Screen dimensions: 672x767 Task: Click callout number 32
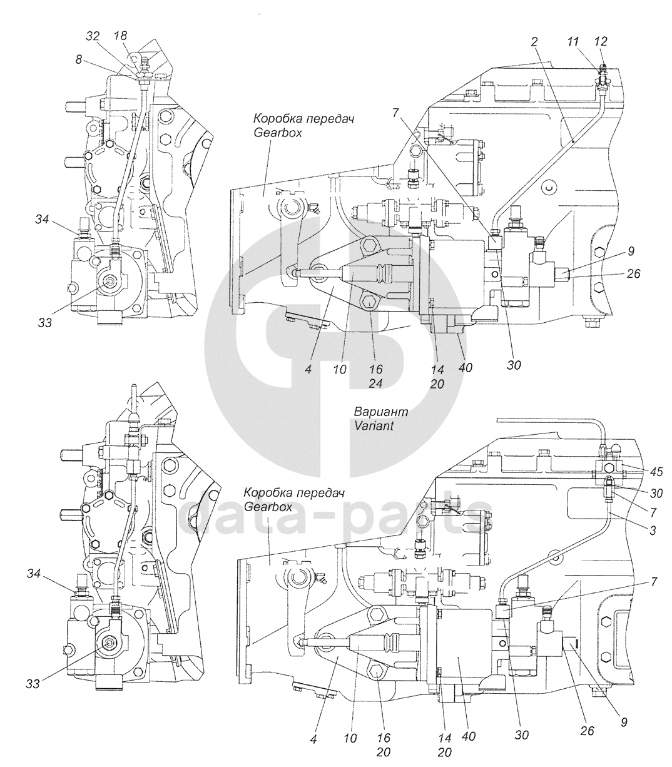tap(93, 36)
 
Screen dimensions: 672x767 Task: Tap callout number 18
tap(120, 36)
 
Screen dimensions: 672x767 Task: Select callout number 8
tap(78, 60)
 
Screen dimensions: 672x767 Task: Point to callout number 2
tap(534, 42)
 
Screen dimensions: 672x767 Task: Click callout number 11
tap(574, 41)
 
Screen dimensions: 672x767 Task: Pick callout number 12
tap(601, 41)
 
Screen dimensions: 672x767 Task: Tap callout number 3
tap(653, 531)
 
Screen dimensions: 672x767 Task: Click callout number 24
tap(375, 383)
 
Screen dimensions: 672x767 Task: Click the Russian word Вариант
tap(381, 412)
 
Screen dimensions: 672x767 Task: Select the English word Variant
tap(374, 425)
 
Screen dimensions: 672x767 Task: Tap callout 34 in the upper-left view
tap(43, 219)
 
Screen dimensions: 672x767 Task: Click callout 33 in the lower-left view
tap(33, 684)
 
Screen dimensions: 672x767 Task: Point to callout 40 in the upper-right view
tap(466, 367)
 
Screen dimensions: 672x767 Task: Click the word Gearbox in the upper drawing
tap(278, 133)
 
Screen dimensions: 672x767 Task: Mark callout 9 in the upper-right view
tap(631, 251)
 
